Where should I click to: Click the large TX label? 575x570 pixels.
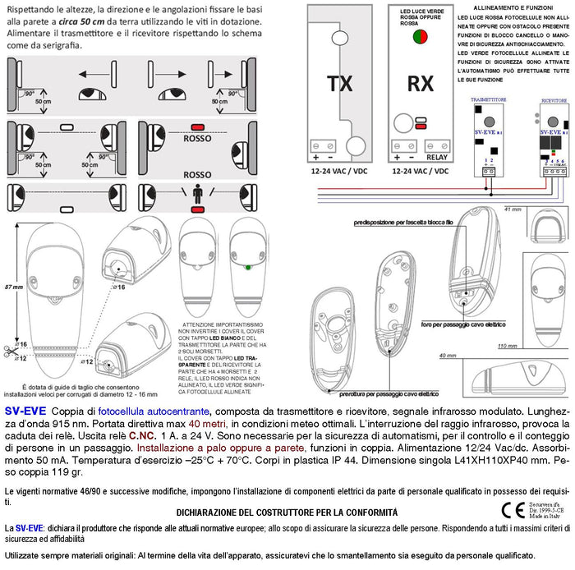coord(340,84)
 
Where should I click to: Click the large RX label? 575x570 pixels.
coord(421,84)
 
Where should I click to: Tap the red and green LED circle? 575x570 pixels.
coord(419,35)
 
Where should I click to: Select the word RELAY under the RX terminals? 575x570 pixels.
coord(437,156)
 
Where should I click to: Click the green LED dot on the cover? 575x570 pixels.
coord(247,267)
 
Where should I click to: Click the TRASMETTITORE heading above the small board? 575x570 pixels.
coord(488,99)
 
